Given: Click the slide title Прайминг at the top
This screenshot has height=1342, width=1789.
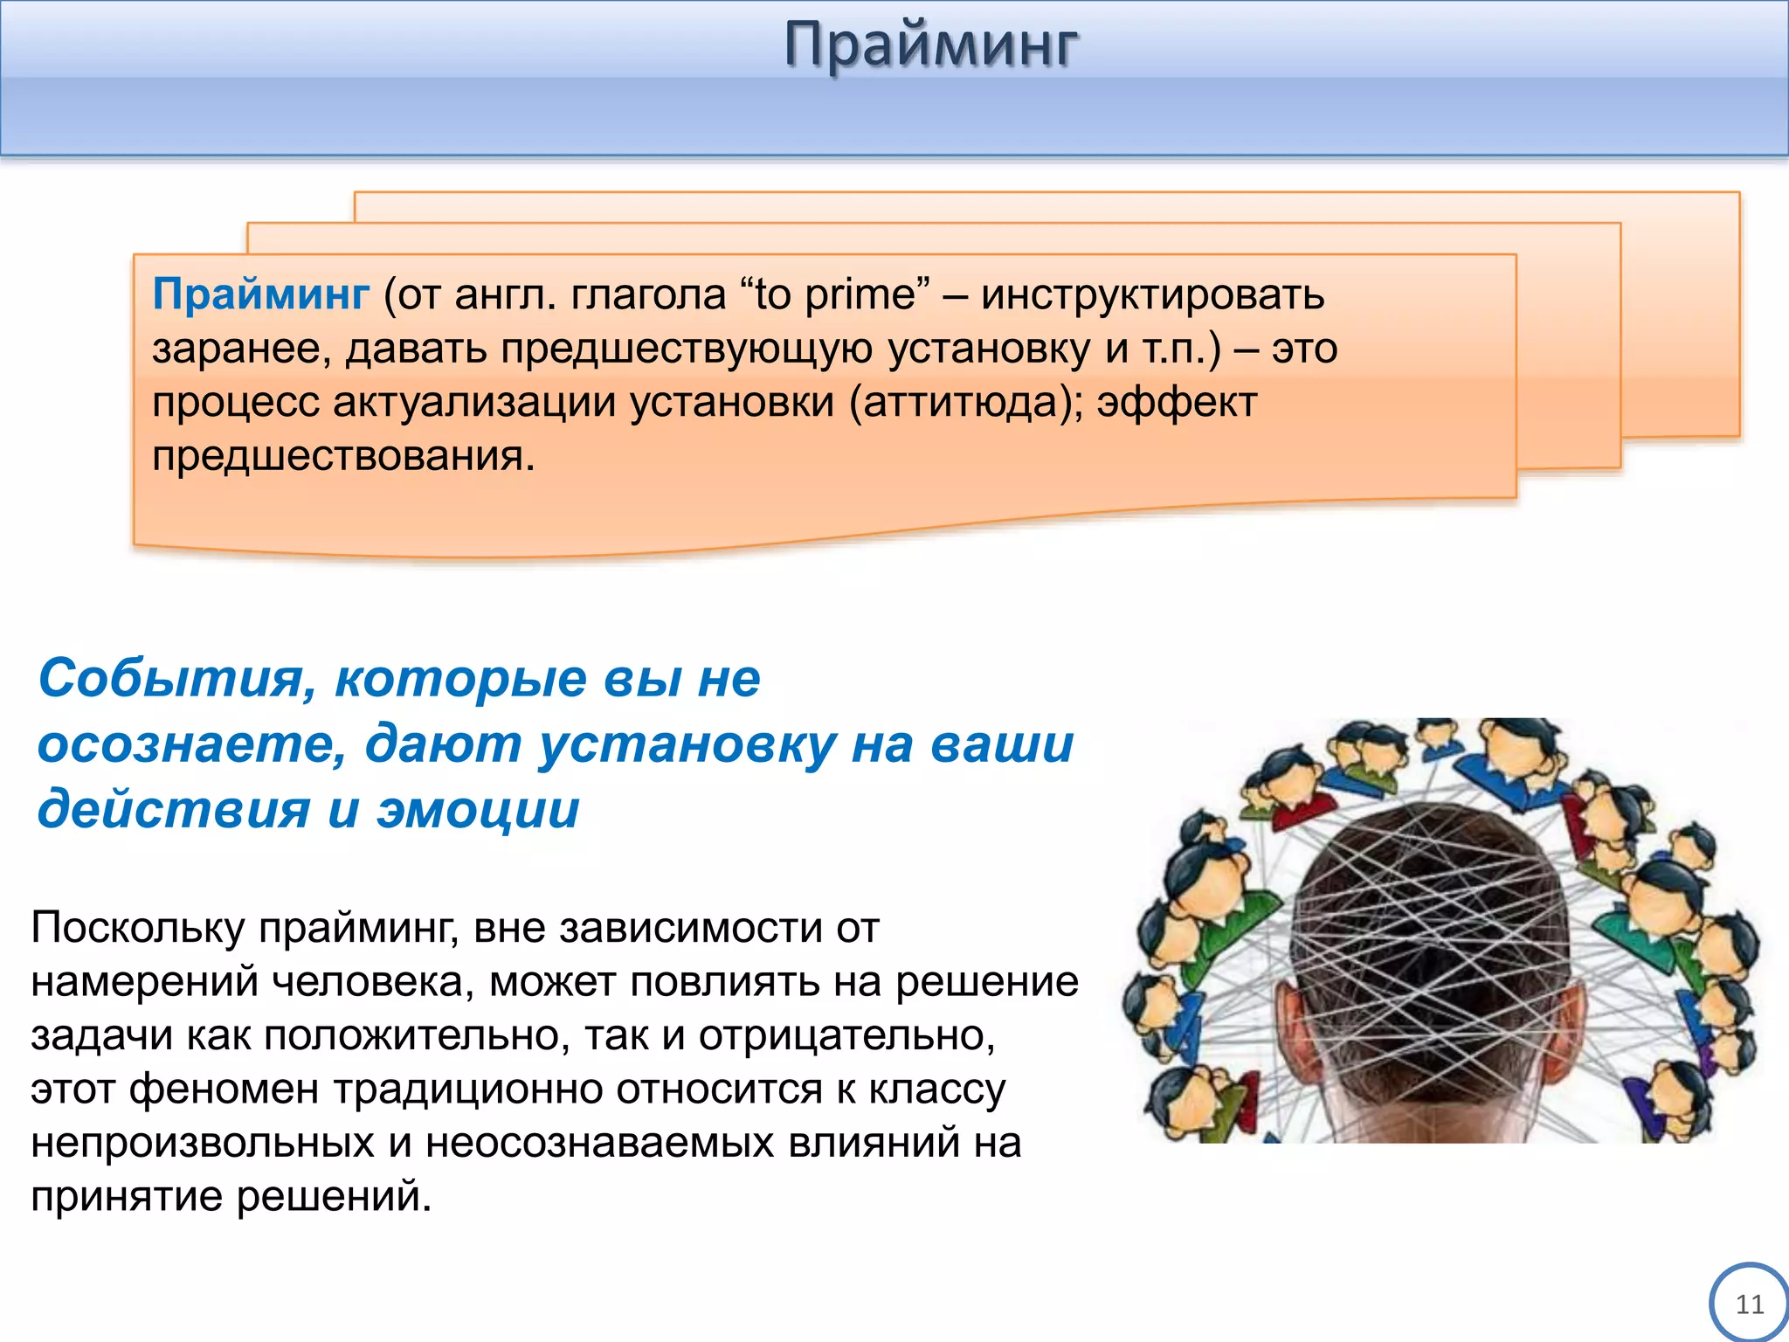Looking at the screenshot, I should coord(931,45).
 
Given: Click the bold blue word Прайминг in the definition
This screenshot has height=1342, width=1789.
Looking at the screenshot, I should coord(260,294).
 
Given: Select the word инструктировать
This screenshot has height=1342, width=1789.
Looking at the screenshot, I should coord(1152,294).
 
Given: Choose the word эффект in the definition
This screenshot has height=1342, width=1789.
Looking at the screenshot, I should coord(1177,403).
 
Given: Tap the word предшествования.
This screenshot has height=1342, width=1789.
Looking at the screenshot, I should coord(342,456).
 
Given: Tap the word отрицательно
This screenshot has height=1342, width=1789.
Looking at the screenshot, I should coord(846,1036).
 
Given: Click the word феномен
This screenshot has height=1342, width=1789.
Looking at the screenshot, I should coord(224,1090).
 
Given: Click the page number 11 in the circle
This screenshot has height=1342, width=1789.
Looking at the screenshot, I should coord(1749,1304).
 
